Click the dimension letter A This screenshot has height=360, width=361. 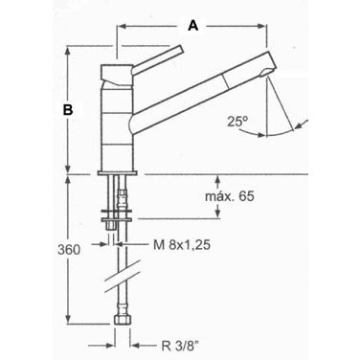[193, 25]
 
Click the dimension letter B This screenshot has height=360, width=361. [68, 109]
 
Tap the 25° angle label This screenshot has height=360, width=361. [237, 122]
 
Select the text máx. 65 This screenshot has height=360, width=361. [230, 196]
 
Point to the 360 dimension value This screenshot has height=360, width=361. [69, 250]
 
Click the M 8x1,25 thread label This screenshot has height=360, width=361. [182, 245]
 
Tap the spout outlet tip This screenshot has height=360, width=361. [266, 73]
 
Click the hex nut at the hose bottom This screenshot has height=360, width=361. [123, 320]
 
